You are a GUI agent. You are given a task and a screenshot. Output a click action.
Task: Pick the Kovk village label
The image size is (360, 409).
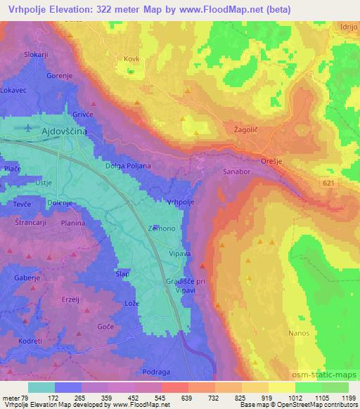click(131, 60)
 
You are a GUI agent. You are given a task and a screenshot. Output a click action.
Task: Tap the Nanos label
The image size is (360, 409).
click(299, 332)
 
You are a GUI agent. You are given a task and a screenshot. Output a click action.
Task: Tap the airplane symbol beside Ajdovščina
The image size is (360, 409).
click(27, 129)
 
